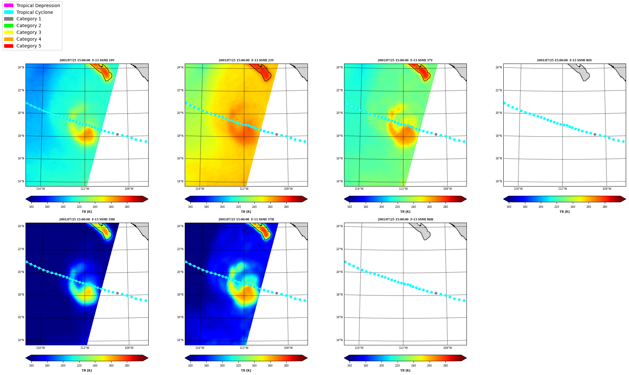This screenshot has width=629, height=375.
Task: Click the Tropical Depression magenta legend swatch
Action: click(9, 5)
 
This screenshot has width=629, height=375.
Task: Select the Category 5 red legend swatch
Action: click(9, 46)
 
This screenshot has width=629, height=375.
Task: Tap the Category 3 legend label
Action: click(29, 32)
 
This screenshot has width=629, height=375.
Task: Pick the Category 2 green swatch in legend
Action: click(9, 25)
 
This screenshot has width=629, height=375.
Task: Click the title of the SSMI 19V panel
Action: click(87, 60)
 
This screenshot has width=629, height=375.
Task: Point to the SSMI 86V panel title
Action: click(564, 60)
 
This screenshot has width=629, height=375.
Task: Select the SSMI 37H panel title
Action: click(246, 219)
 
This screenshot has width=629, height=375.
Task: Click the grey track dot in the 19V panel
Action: click(117, 134)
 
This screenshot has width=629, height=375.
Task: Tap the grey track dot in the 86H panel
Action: click(436, 293)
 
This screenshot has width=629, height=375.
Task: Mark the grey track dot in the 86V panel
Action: click(595, 134)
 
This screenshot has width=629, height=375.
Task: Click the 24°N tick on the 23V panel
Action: click(180, 67)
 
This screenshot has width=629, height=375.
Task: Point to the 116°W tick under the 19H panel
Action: click(40, 348)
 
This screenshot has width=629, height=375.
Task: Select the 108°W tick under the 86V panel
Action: click(607, 189)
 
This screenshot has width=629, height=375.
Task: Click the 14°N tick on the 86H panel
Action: click(339, 340)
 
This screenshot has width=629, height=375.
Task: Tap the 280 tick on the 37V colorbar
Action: click(446, 207)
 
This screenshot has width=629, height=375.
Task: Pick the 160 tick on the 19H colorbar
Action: click(31, 366)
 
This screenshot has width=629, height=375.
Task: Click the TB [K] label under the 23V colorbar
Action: click(246, 212)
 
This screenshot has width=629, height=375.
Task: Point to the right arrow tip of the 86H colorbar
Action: click(466, 358)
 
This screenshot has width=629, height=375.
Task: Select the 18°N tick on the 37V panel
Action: click(339, 136)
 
